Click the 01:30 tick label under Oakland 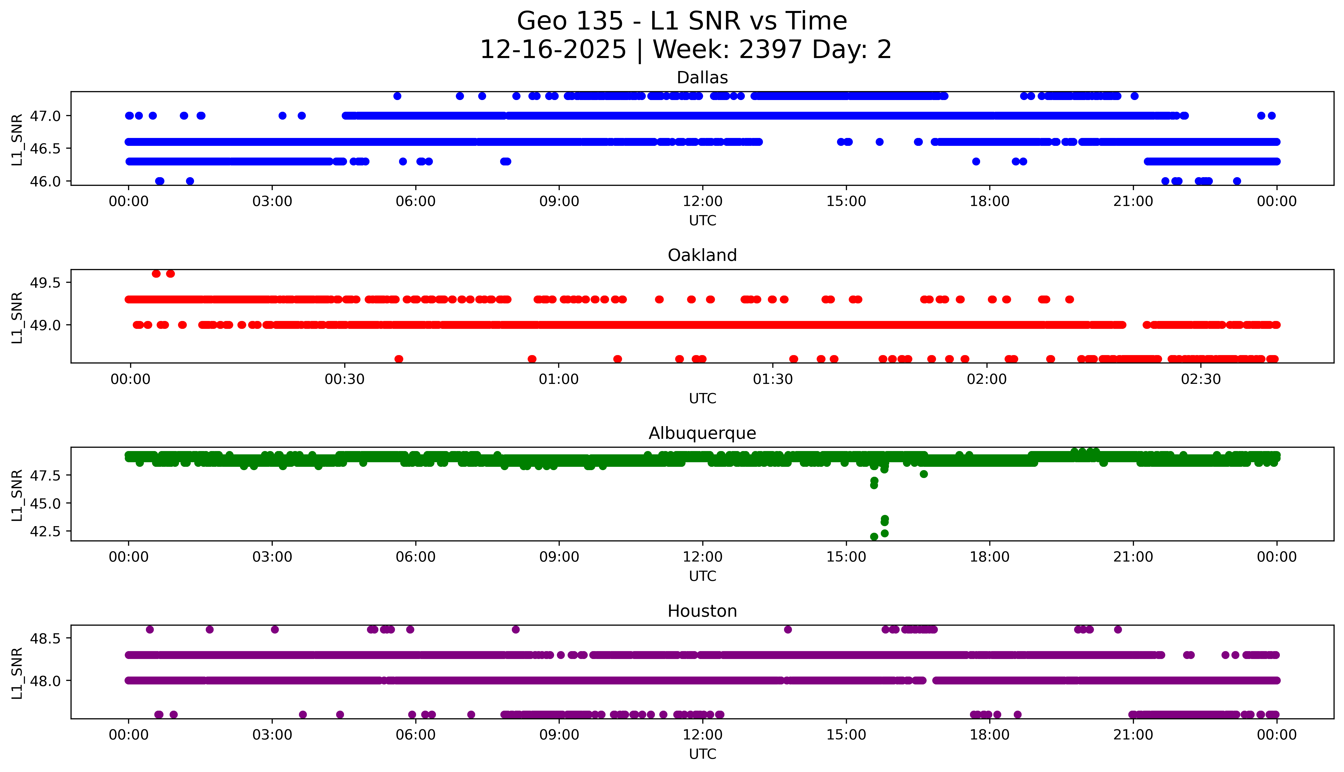click(x=773, y=380)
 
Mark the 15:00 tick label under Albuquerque click(x=846, y=557)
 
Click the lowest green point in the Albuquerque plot click(x=874, y=537)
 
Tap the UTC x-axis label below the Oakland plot click(x=702, y=399)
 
